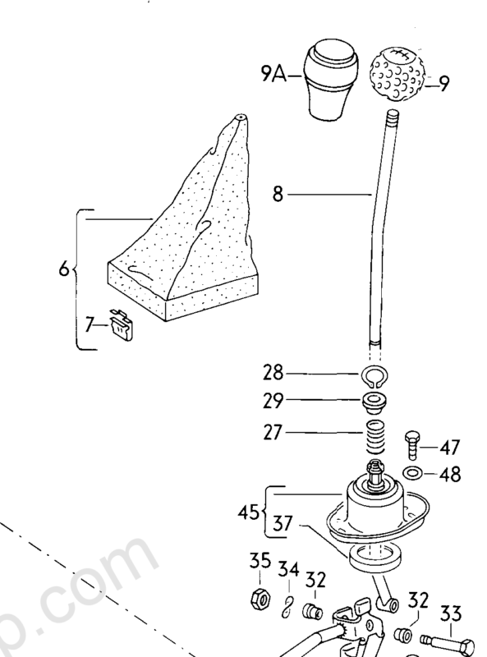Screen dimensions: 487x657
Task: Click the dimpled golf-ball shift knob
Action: tap(397, 74)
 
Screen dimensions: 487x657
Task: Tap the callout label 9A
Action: tap(273, 75)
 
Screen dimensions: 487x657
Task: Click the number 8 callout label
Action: tap(278, 195)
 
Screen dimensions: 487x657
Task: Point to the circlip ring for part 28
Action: tap(375, 376)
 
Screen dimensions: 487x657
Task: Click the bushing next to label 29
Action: tap(374, 403)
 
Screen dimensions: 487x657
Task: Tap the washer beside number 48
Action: tap(412, 474)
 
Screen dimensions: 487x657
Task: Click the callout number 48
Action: tap(450, 475)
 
